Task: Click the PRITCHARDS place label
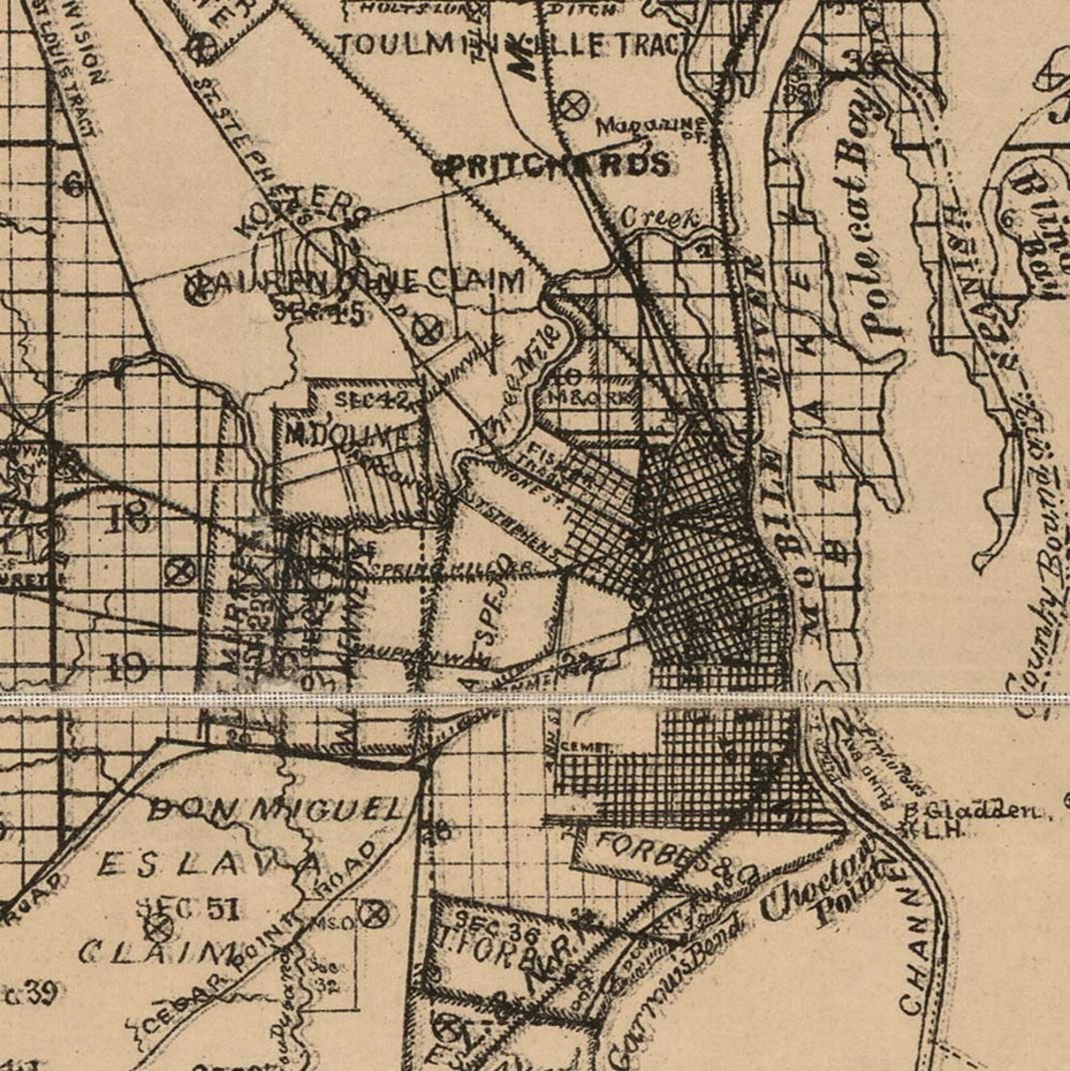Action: click(557, 165)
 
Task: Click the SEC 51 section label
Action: click(189, 908)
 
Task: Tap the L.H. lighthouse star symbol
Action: click(906, 828)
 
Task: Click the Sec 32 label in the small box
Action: click(329, 976)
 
